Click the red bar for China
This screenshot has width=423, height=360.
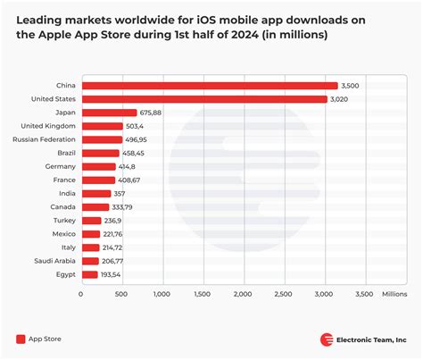click(210, 86)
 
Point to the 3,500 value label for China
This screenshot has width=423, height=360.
click(350, 86)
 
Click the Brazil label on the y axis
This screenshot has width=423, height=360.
click(63, 153)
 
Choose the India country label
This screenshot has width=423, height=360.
click(65, 193)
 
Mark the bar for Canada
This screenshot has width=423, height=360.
click(95, 206)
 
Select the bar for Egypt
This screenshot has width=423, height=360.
click(89, 273)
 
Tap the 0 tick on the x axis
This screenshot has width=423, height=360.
click(81, 292)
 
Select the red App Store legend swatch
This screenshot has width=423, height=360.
click(21, 339)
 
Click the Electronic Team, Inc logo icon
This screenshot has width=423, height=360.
click(328, 339)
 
